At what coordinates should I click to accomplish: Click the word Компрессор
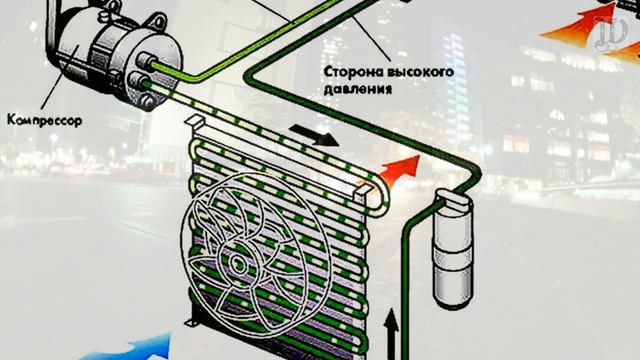coord(44,120)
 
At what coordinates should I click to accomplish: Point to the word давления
coord(358,89)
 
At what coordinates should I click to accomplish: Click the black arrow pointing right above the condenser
coord(313,135)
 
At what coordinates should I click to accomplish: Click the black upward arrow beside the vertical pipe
coord(391,334)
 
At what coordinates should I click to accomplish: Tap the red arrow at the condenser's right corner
coord(398,170)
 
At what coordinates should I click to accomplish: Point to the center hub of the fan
coord(238,265)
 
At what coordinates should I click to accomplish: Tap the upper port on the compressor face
coord(145,60)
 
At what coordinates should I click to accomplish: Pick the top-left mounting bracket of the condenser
coord(196,121)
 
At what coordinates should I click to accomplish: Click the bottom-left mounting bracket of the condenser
coord(193,321)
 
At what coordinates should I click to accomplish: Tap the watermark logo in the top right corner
coord(611,34)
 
